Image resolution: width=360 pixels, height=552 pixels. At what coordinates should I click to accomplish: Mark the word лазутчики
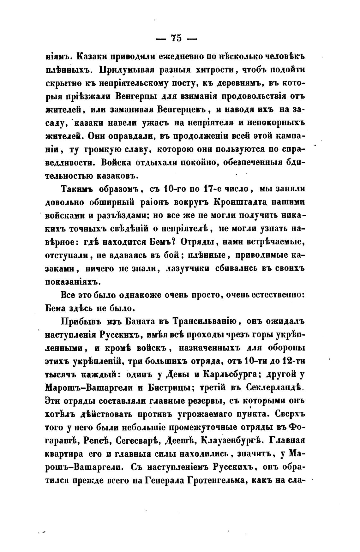[x=188, y=269]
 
